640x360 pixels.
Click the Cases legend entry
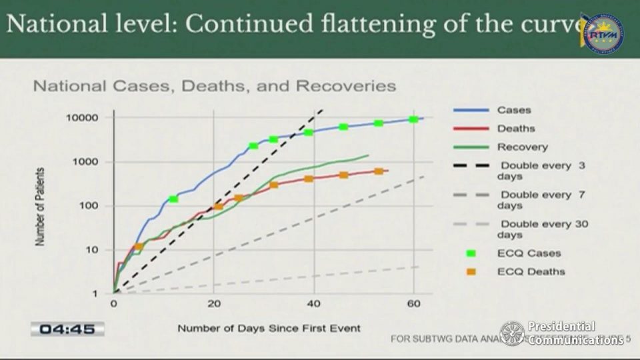513,110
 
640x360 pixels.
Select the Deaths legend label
515,129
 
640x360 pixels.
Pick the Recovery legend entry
522,147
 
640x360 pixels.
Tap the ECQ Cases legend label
529,253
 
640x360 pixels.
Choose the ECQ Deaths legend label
531,271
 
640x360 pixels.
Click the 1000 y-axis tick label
87,162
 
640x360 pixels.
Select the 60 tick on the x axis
413,305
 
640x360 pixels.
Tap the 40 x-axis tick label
313,305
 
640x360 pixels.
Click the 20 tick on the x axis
213,305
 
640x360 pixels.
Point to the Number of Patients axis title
41,206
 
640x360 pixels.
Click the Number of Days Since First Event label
269,328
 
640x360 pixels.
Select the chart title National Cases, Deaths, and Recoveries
215,87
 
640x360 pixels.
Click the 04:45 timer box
67,329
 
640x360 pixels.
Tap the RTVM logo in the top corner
603,33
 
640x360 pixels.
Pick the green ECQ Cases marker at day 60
413,119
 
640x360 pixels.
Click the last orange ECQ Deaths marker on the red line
379,171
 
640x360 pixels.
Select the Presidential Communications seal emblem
512,333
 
